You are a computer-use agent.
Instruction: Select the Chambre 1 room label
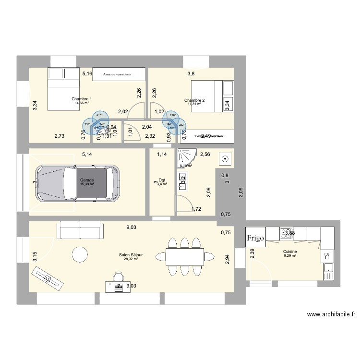click(82, 99)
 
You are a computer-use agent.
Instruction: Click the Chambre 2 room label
click(194, 100)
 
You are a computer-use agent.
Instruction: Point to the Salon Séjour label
click(131, 255)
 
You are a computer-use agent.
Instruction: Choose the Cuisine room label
click(289, 252)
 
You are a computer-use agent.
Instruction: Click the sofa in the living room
click(81, 230)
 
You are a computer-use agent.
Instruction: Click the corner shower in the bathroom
click(186, 156)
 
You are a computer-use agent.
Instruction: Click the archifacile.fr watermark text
click(331, 315)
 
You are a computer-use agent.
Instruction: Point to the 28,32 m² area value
click(131, 259)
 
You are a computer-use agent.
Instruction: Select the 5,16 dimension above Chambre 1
click(87, 73)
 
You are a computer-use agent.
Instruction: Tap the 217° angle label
click(99, 115)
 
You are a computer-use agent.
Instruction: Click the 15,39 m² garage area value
click(87, 184)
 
